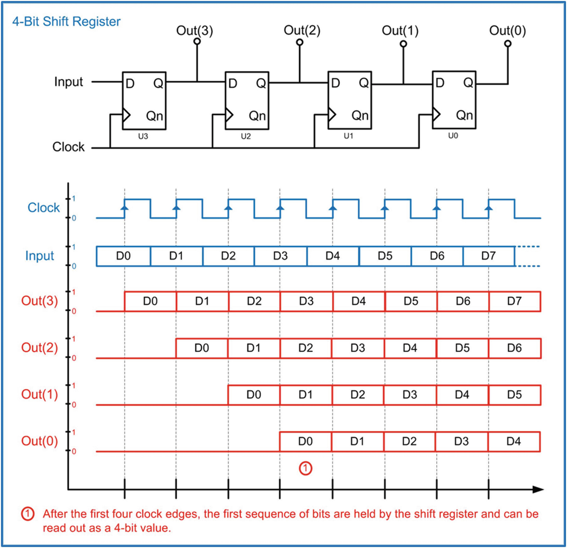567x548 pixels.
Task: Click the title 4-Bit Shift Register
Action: (x=66, y=22)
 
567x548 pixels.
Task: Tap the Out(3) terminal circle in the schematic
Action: (x=197, y=42)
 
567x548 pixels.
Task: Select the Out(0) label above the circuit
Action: (x=507, y=31)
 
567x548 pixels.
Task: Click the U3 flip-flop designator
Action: (x=143, y=136)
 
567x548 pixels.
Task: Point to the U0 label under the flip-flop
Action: (x=453, y=136)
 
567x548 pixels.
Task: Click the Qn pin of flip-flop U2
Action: (x=257, y=116)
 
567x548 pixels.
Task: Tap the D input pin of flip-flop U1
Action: (x=335, y=83)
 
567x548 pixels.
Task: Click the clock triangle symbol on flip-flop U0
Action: (x=437, y=113)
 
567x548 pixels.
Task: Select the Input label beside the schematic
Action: (x=68, y=82)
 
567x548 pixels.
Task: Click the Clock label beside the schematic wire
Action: (x=68, y=147)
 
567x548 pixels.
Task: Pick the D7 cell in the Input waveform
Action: (x=488, y=256)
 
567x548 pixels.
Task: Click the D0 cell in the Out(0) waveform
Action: (x=305, y=441)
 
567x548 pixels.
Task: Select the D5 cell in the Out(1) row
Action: (x=514, y=395)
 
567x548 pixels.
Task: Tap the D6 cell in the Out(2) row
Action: (x=514, y=348)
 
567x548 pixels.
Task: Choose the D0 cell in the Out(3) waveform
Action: (x=150, y=301)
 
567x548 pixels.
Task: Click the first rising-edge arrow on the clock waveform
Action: (x=125, y=207)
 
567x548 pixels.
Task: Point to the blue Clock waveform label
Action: (x=43, y=208)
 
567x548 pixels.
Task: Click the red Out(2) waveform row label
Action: (x=39, y=348)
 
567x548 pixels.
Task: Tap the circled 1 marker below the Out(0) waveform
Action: (x=305, y=468)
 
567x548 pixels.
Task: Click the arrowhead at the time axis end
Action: (x=538, y=489)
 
